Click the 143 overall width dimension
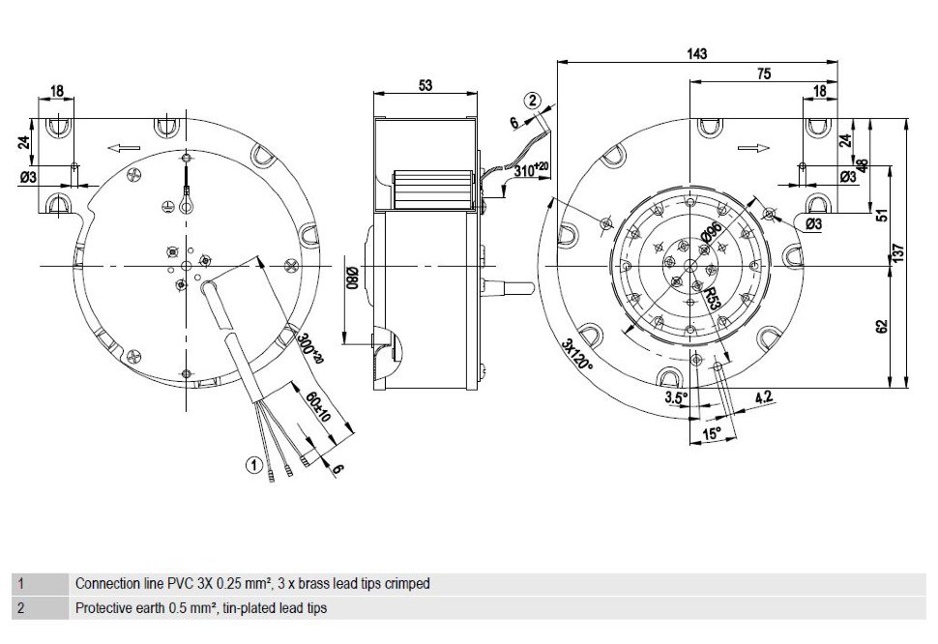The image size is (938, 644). coord(697,53)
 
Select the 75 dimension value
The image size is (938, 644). coord(764,73)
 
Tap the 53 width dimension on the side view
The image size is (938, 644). coord(425,85)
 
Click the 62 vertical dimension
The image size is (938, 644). coord(881,327)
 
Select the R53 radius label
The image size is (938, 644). coord(712,297)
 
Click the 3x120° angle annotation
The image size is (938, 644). coord(576,355)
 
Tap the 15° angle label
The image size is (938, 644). coord(712,433)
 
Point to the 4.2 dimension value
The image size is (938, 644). coord(764,397)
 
